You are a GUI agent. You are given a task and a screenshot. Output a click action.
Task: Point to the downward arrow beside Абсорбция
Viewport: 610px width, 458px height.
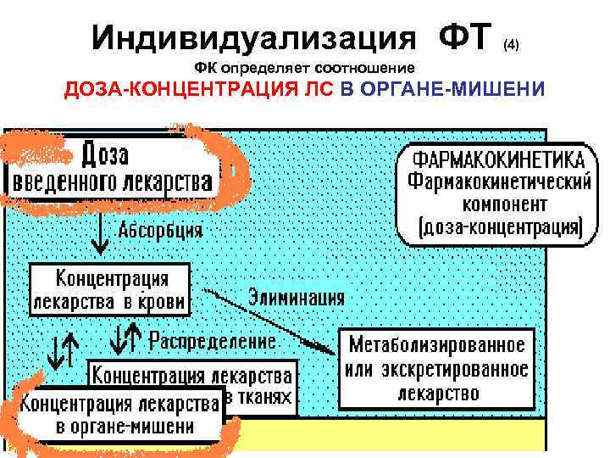pos(101,234)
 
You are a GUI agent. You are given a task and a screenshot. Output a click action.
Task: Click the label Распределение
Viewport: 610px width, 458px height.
pos(213,341)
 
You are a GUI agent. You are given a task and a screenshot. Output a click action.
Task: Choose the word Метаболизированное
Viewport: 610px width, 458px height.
pos(437,346)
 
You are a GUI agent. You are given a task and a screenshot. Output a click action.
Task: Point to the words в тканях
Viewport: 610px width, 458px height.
pos(260,397)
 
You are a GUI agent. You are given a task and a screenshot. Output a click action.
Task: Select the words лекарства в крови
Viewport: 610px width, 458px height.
pos(111,300)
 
